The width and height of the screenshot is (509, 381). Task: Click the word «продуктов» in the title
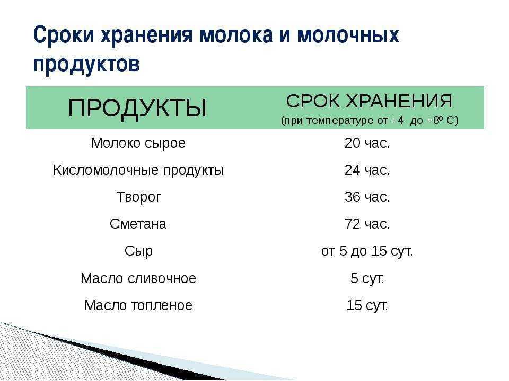pos(86,65)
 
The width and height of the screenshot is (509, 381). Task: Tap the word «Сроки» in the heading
pos(64,34)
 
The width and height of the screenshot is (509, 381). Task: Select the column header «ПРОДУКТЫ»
pos(137,108)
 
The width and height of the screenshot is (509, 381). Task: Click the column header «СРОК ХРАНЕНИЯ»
pos(369,101)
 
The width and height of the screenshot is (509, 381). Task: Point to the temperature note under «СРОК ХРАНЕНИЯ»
pos(370,120)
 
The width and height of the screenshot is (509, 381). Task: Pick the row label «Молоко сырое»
pos(138,143)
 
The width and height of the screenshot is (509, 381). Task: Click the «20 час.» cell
pos(367,143)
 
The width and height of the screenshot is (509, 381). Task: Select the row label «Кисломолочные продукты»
pos(138,170)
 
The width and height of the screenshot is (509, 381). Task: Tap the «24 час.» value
pos(367,170)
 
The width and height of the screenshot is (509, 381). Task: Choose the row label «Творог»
pos(139,197)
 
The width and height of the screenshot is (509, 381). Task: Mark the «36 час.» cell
pos(367,197)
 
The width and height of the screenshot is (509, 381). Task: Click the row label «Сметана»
pos(138,224)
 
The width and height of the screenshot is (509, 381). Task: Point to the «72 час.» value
pos(367,224)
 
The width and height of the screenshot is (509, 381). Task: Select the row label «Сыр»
pos(138,251)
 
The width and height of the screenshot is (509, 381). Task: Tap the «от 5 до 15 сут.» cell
pos(367,251)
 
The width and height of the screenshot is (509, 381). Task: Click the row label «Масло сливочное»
pos(138,278)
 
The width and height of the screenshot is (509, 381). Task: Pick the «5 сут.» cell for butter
pos(367,278)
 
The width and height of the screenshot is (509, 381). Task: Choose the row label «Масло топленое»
pos(138,305)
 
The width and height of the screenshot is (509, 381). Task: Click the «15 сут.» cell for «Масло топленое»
pos(367,305)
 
